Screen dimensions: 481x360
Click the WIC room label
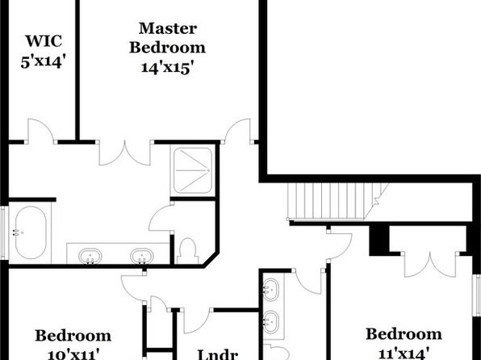pyautogui.click(x=44, y=41)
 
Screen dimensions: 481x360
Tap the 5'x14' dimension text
pyautogui.click(x=44, y=62)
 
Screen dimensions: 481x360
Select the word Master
pyautogui.click(x=168, y=28)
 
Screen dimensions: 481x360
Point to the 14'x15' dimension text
pyautogui.click(x=168, y=68)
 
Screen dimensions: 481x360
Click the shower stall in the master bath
pyautogui.click(x=193, y=170)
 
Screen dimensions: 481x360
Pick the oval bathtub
pyautogui.click(x=31, y=232)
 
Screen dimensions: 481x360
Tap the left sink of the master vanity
pyautogui.click(x=90, y=256)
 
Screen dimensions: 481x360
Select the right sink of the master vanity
pyautogui.click(x=142, y=256)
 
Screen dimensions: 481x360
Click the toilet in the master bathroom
pyautogui.click(x=188, y=251)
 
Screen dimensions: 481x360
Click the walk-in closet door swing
pyautogui.click(x=41, y=132)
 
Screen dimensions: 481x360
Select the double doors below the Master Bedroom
pyautogui.click(x=125, y=153)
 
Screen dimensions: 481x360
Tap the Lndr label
pyautogui.click(x=217, y=354)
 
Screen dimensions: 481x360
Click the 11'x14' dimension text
pyautogui.click(x=404, y=354)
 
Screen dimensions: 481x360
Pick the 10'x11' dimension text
pyautogui.click(x=73, y=354)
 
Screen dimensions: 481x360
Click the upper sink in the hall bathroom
pyautogui.click(x=271, y=290)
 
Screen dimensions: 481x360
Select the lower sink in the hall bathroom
pyautogui.click(x=271, y=322)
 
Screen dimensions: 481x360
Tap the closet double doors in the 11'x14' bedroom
pyautogui.click(x=430, y=265)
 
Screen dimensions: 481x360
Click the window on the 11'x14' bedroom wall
pyautogui.click(x=477, y=295)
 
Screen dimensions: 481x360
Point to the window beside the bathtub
pyautogui.click(x=4, y=232)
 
